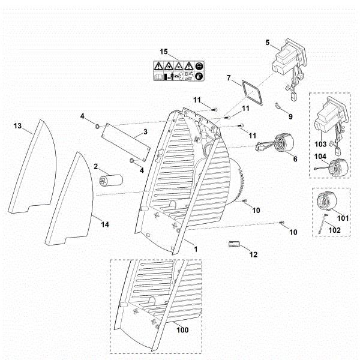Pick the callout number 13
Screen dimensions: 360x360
tap(17, 125)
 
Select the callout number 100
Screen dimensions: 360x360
tap(182, 329)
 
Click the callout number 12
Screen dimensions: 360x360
tap(253, 254)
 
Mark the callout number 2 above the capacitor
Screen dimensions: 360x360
tap(95, 166)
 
